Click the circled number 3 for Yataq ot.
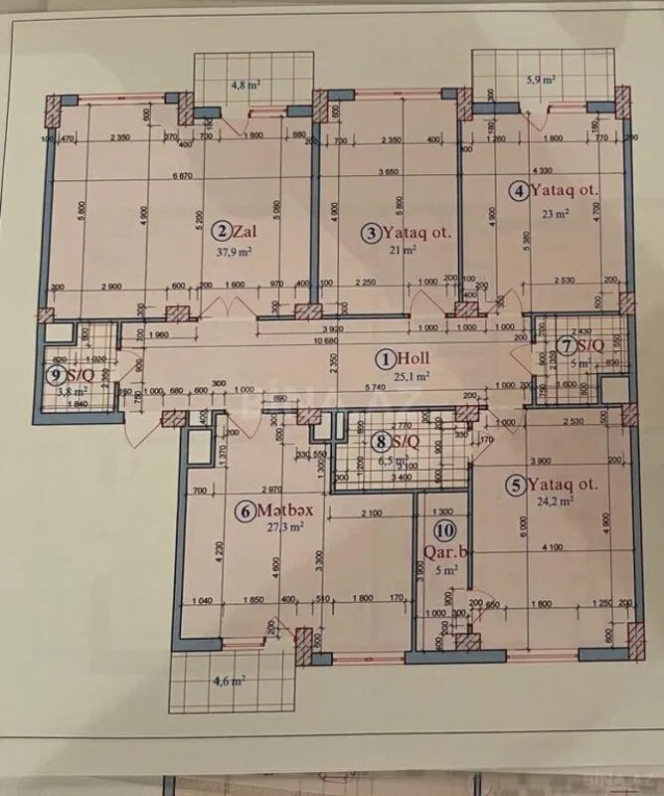point(371,233)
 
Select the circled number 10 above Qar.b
point(443,531)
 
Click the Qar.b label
point(444,550)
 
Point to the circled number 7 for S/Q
point(565,346)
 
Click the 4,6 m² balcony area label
point(230,682)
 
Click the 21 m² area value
point(402,250)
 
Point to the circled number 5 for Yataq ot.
point(515,486)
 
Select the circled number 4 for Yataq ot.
point(519,191)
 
